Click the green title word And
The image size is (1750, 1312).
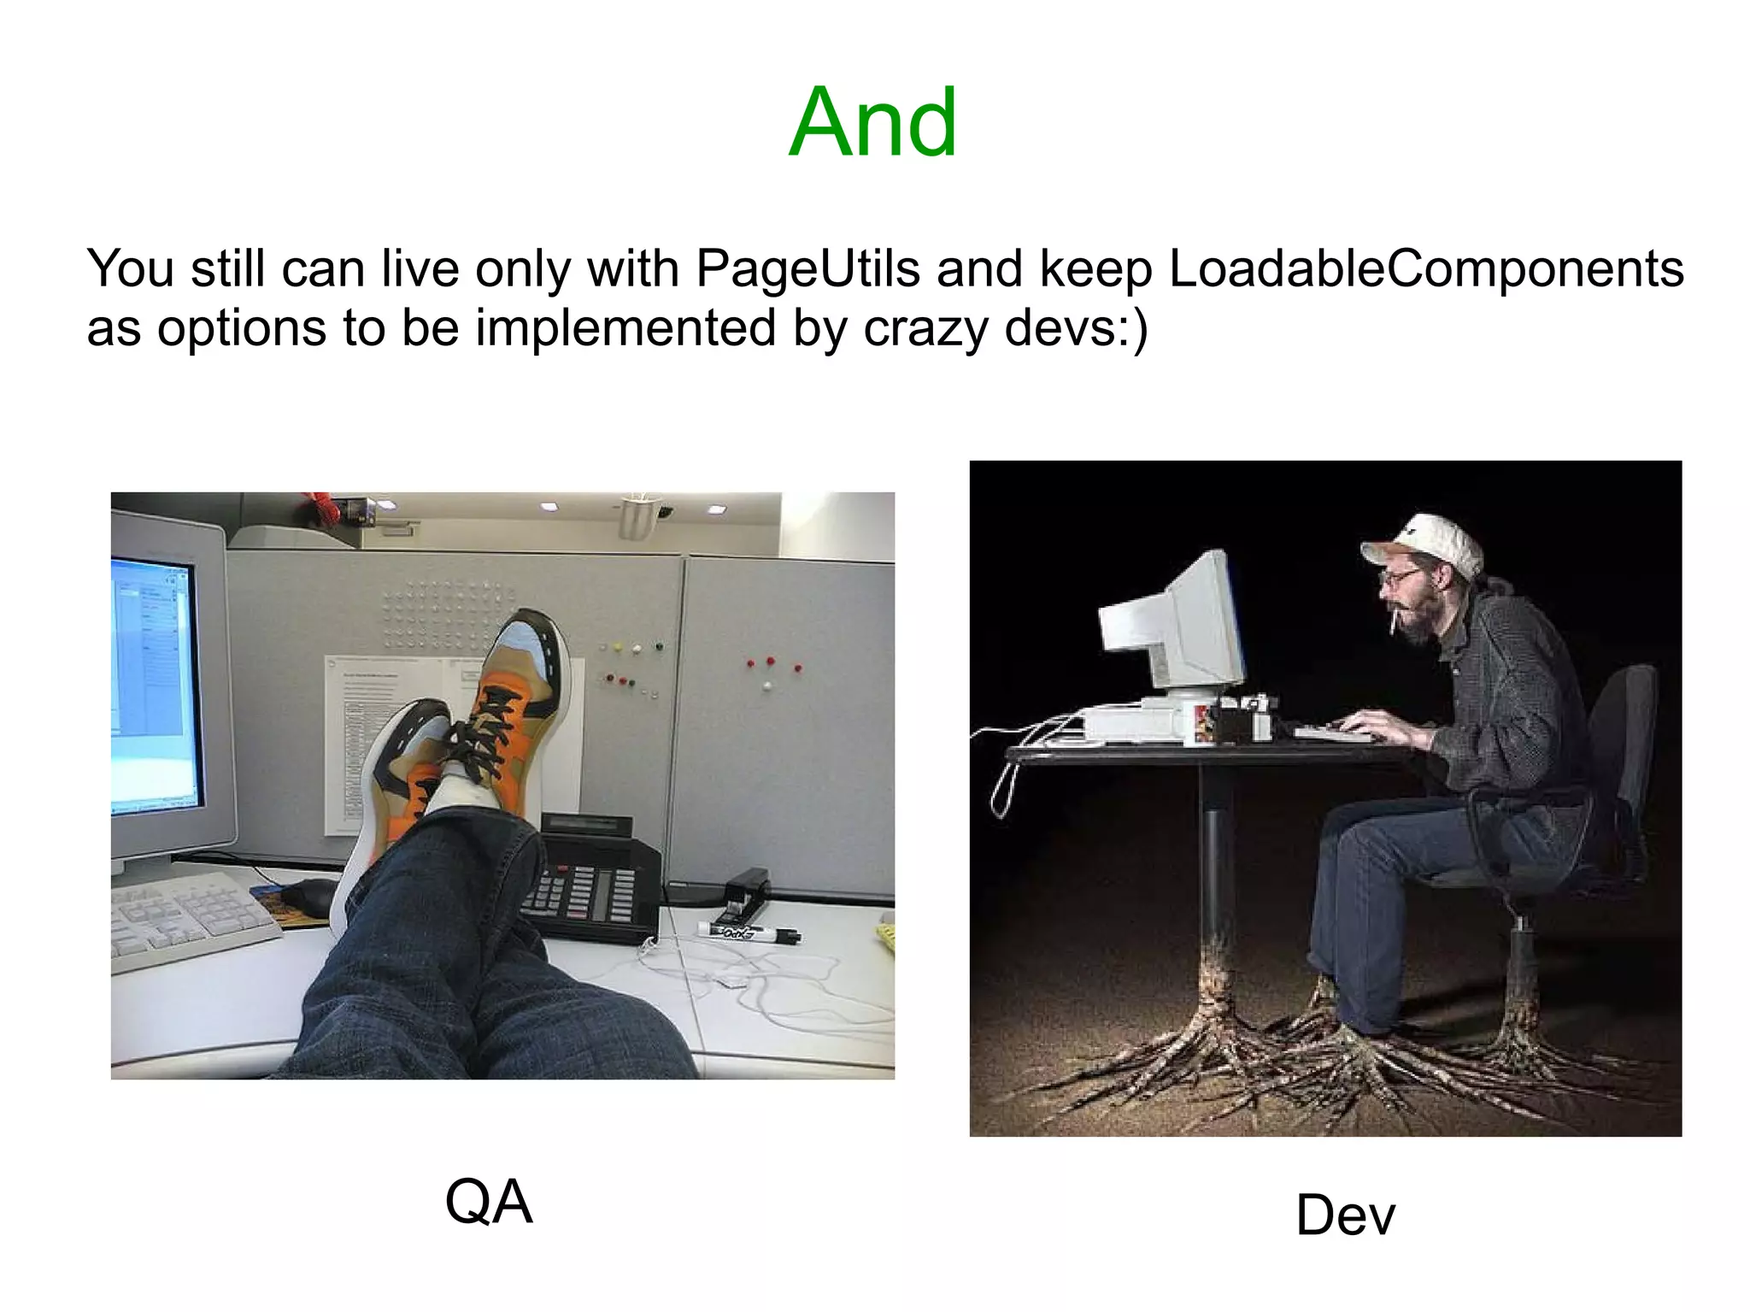coord(872,123)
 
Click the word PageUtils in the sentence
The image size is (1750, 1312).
coord(807,268)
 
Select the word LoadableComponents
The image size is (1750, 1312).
coord(1425,268)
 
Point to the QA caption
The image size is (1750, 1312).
coord(489,1202)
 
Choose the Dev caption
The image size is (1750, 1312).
coord(1345,1215)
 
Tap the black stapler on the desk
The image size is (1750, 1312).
coord(746,889)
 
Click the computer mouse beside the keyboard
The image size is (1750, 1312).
coord(309,897)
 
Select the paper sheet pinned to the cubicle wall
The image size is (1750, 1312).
coord(367,735)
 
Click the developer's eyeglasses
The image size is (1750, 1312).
coord(1401,579)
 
